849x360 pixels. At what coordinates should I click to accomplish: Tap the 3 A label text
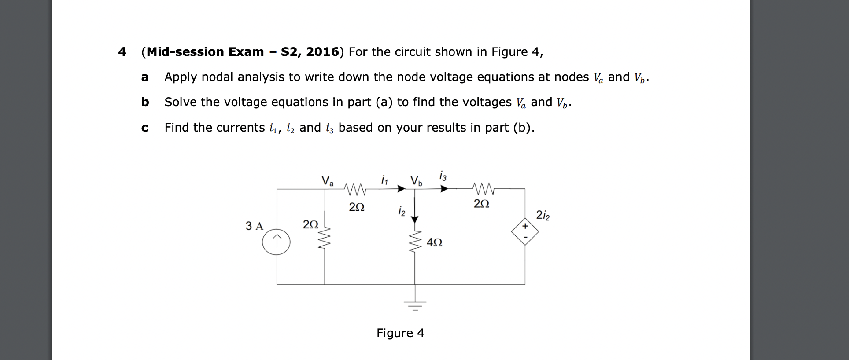click(x=254, y=226)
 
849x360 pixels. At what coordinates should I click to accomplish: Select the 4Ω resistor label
click(x=435, y=243)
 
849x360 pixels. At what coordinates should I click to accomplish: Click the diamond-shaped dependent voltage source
click(x=525, y=231)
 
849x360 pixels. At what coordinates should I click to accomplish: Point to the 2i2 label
click(x=543, y=216)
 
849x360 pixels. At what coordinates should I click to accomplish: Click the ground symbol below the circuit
click(x=414, y=304)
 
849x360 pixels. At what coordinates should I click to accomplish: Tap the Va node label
click(x=328, y=180)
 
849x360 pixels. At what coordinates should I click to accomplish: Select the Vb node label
click(x=416, y=180)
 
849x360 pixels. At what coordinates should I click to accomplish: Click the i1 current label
click(x=384, y=180)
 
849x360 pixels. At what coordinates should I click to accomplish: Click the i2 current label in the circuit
click(x=401, y=211)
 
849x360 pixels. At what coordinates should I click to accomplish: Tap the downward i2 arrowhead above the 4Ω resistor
click(x=414, y=219)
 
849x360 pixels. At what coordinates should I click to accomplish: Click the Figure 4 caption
click(x=400, y=333)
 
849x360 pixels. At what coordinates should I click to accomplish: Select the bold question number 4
click(x=122, y=52)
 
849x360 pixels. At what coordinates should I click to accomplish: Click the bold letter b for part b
click(x=145, y=102)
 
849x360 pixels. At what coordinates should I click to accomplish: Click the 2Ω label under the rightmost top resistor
click(x=481, y=204)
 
